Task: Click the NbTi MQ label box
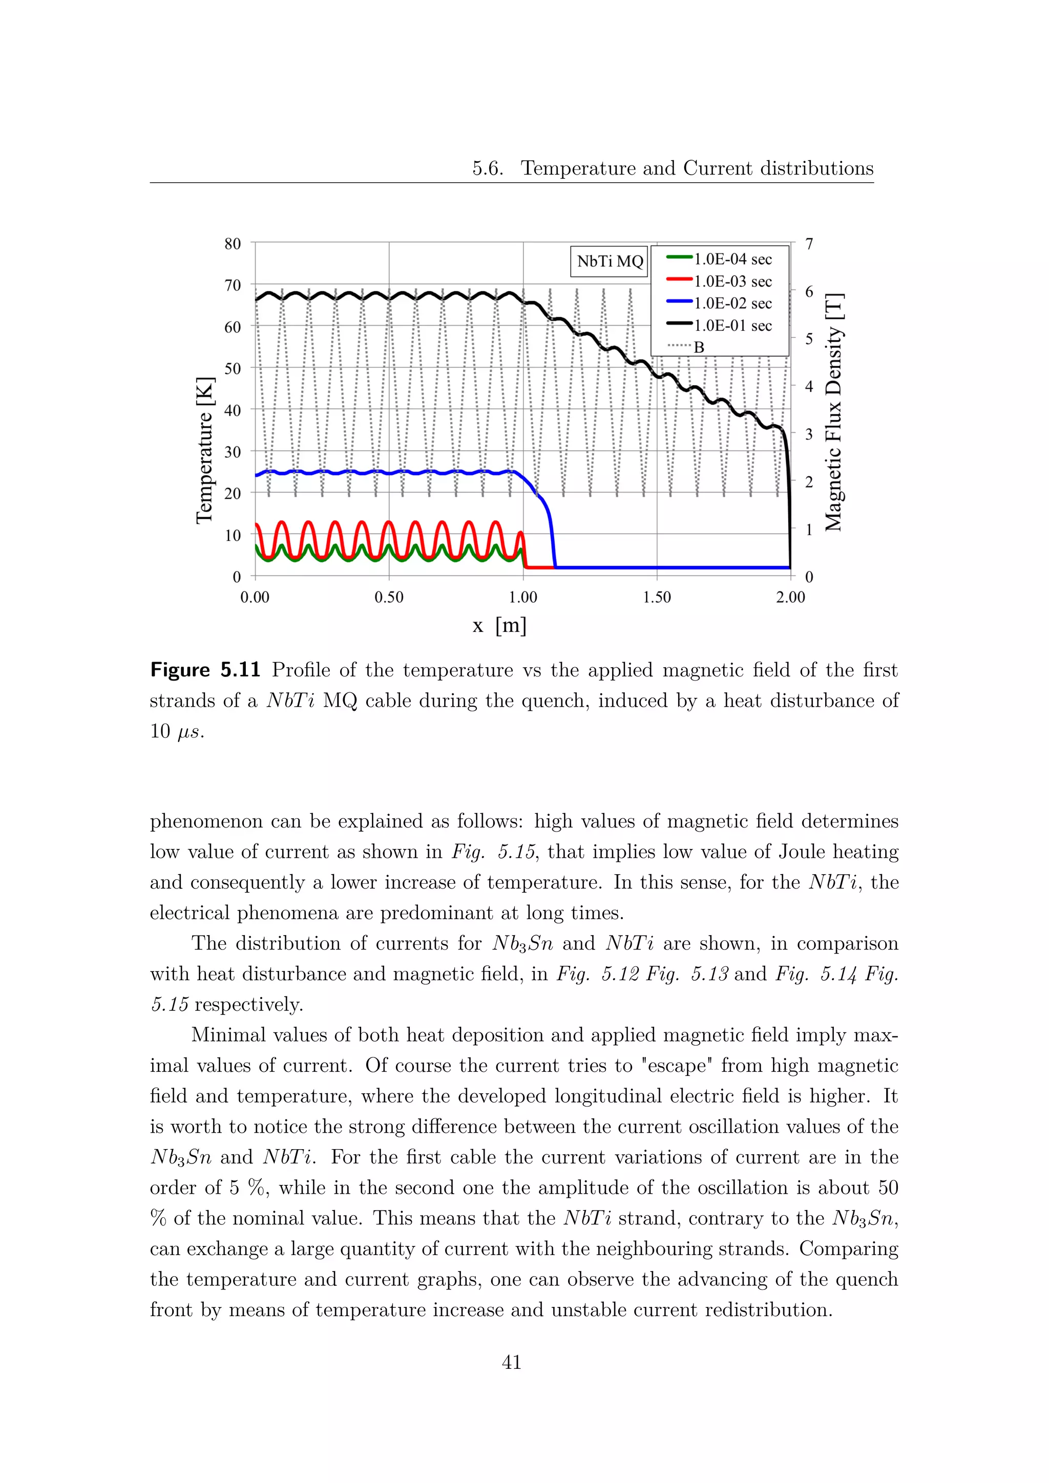[609, 262]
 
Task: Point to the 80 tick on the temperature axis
[233, 244]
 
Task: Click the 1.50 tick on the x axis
[657, 597]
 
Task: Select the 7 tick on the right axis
[809, 244]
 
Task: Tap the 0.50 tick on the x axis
[389, 597]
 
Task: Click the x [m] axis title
[499, 625]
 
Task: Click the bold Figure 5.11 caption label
[205, 670]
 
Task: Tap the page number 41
[511, 1362]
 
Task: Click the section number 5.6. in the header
[487, 168]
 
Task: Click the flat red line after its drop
[540, 567]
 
